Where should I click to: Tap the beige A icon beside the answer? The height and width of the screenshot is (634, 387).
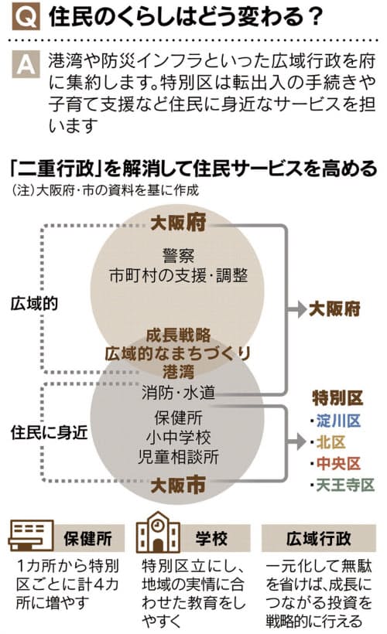26,64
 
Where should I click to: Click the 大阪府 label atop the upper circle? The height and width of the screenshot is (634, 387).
178,223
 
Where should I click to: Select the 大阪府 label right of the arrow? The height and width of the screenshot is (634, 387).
334,309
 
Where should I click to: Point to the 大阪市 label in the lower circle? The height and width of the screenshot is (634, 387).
178,485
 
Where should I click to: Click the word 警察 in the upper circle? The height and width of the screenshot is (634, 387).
178,256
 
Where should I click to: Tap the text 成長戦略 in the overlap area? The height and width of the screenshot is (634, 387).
178,336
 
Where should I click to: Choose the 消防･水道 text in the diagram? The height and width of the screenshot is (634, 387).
178,393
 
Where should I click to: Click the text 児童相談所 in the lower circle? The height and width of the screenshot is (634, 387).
178,457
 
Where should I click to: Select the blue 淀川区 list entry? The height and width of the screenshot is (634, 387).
338,421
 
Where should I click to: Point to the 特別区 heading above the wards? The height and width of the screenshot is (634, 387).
337,399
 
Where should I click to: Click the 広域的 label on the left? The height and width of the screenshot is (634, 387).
34,304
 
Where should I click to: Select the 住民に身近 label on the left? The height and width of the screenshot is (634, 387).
50,433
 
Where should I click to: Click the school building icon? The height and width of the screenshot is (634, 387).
158,533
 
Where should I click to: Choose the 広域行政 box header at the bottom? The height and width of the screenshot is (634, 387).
319,539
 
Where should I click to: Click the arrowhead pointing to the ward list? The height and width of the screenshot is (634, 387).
300,441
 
